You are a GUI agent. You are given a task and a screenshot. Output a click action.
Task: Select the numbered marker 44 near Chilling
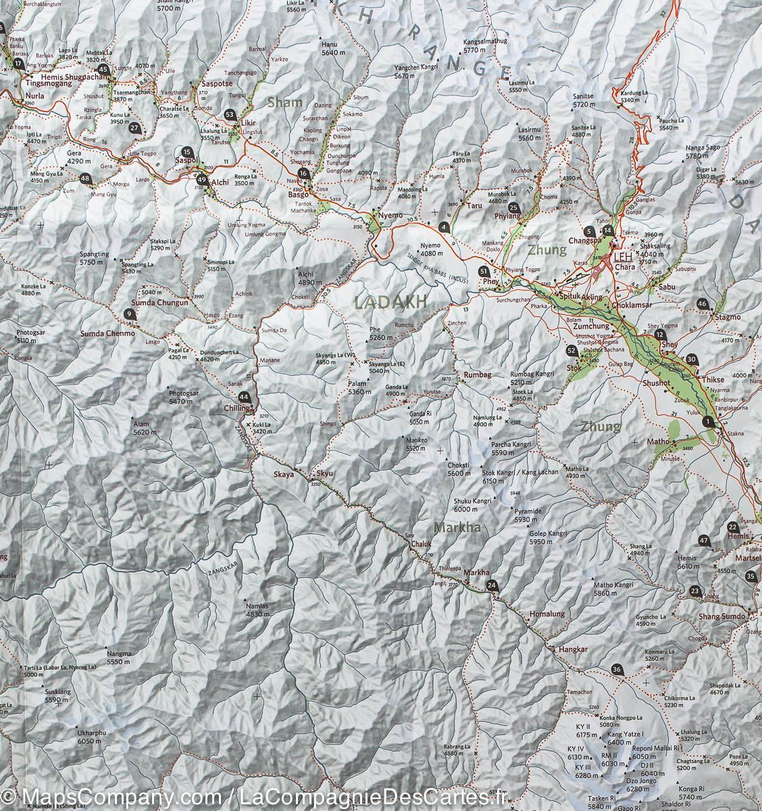point(244,398)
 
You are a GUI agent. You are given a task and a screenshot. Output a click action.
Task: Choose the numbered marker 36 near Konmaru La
point(616,670)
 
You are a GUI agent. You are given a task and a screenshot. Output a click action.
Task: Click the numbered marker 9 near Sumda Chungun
point(129,313)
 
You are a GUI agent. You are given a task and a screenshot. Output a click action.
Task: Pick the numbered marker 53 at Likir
point(230,116)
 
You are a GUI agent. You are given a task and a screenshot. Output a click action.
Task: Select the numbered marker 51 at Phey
point(483,272)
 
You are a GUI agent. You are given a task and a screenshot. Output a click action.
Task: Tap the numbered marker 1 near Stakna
point(708,422)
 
